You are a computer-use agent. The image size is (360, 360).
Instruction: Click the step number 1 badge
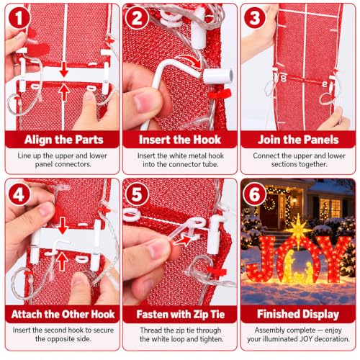pyautogui.click(x=19, y=18)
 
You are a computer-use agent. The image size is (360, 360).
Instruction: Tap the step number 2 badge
pyautogui.click(x=137, y=18)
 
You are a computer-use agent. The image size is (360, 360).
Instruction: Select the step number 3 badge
pyautogui.click(x=255, y=18)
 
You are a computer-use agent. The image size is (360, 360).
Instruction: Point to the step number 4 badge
pyautogui.click(x=19, y=194)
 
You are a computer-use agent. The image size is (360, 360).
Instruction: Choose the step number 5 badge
pyautogui.click(x=137, y=194)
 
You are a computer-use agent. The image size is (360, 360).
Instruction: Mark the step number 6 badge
pyautogui.click(x=255, y=194)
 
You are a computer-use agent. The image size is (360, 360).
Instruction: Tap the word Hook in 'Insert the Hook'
pyautogui.click(x=207, y=140)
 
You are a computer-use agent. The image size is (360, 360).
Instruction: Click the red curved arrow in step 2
pyautogui.click(x=189, y=62)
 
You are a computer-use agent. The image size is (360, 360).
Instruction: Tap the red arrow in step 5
pyautogui.click(x=182, y=240)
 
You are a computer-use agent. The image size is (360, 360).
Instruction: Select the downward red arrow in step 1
pyautogui.click(x=64, y=69)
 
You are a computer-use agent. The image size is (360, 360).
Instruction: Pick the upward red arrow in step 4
pyautogui.click(x=63, y=262)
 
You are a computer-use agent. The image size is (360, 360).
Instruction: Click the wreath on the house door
pyautogui.click(x=270, y=204)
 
